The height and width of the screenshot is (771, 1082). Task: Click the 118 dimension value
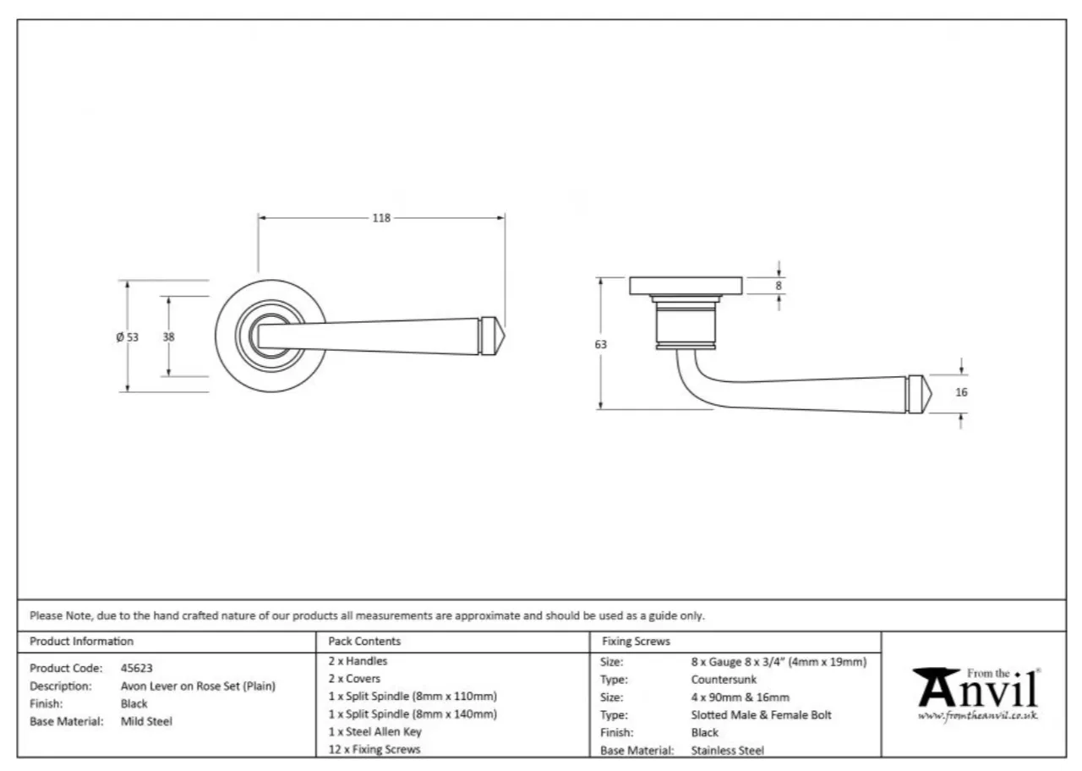tap(381, 218)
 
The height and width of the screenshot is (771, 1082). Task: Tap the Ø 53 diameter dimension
tap(127, 336)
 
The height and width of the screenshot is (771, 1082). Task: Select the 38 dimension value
tap(168, 336)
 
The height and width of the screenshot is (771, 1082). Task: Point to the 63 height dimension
tap(600, 344)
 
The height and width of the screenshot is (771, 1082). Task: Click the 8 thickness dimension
tap(779, 286)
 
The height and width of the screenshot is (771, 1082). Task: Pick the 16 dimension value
tap(962, 392)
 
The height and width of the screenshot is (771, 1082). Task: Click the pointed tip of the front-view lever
tap(505, 336)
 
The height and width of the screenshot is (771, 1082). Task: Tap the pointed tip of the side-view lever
tap(932, 394)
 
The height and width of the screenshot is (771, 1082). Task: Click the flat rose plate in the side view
tap(686, 286)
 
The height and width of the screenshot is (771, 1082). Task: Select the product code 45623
tap(137, 668)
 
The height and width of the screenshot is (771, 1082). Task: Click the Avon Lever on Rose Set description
tap(198, 686)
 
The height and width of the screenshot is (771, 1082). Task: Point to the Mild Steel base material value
tap(146, 721)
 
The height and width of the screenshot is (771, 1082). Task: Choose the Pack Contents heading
tap(364, 641)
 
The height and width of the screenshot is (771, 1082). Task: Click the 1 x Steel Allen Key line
tap(375, 732)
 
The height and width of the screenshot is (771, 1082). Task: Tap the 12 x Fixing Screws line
tap(374, 749)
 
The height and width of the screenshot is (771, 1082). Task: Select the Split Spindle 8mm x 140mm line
tap(413, 714)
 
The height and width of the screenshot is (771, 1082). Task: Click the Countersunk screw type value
tap(724, 679)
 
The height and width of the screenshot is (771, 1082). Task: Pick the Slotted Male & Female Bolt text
tap(762, 715)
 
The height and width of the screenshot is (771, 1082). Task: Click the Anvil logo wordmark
tap(975, 687)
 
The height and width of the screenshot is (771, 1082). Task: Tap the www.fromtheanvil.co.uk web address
tap(978, 715)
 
